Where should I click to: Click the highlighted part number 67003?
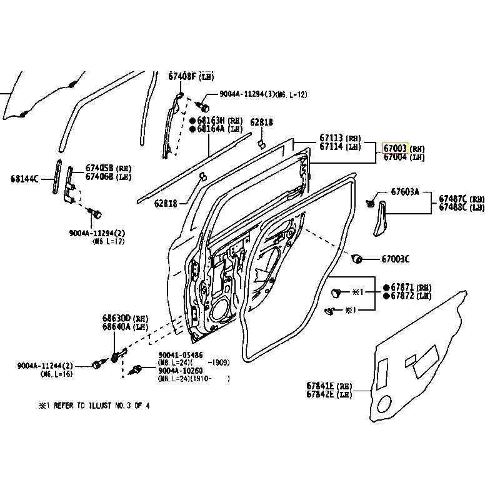(395, 149)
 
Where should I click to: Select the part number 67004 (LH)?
(395, 157)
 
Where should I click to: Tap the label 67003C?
(395, 259)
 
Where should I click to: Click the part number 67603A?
(405, 191)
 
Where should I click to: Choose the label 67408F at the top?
(182, 76)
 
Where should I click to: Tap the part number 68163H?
(211, 120)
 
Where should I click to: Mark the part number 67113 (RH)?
(332, 138)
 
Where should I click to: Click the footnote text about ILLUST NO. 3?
(94, 405)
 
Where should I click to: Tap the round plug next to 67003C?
(358, 258)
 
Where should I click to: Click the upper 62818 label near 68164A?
(261, 122)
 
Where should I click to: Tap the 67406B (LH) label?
(99, 177)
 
